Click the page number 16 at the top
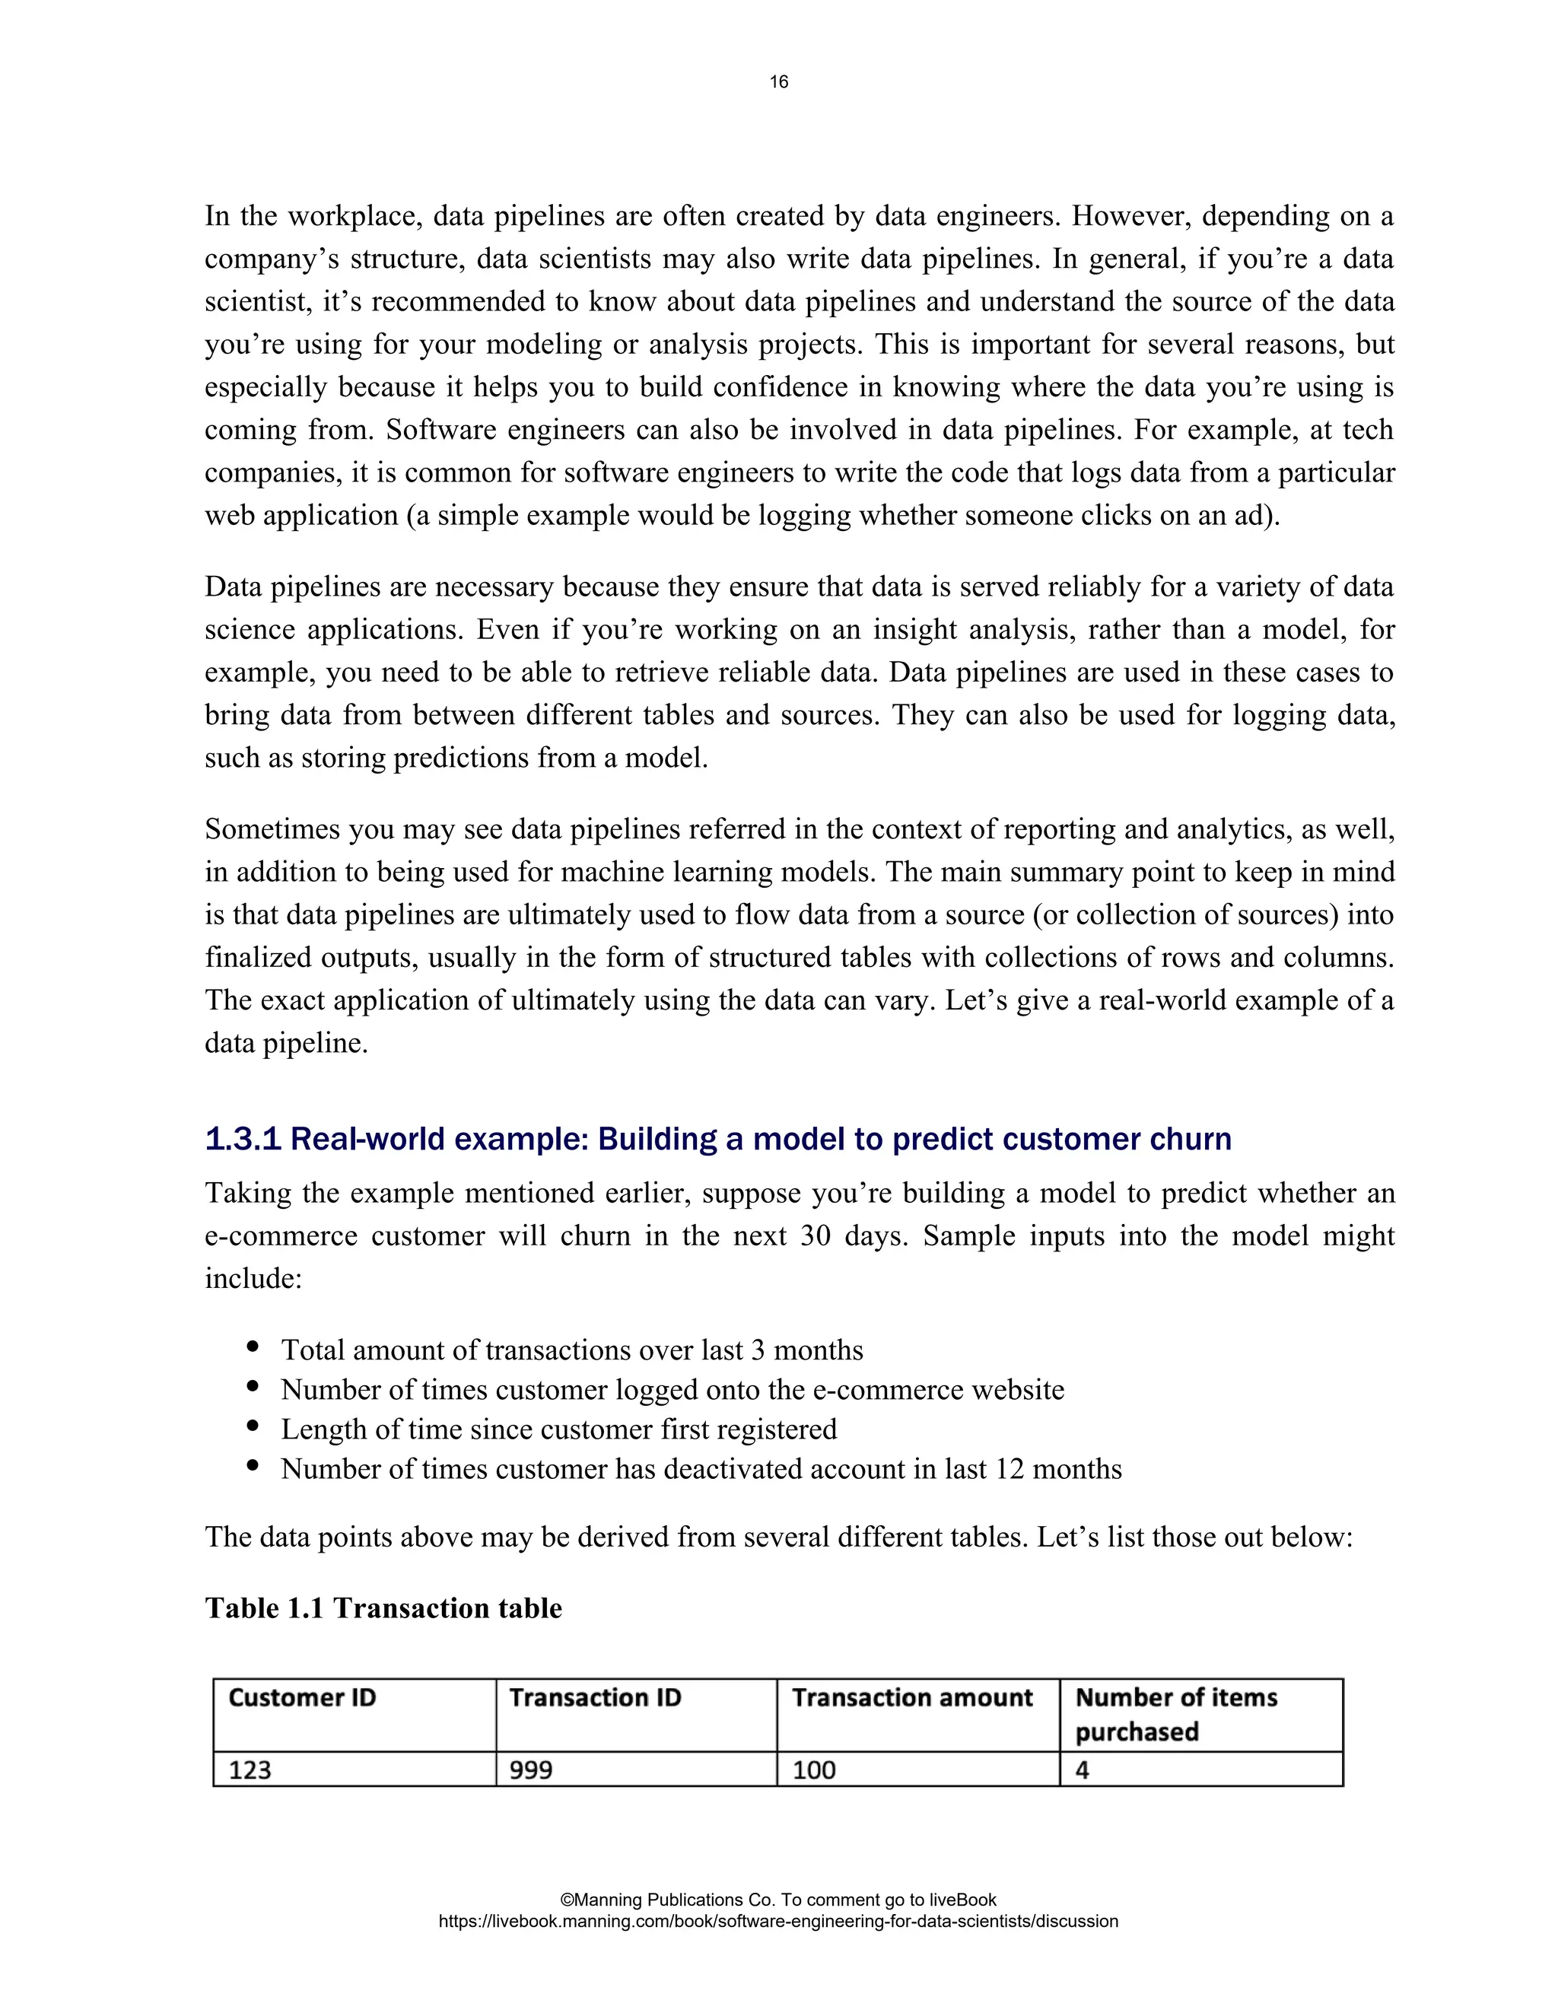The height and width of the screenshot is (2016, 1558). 778,82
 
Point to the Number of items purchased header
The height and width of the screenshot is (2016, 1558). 1176,1714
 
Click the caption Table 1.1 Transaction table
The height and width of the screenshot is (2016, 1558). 383,1608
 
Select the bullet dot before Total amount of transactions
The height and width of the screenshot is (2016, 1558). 253,1348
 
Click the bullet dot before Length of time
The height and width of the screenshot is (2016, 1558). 253,1427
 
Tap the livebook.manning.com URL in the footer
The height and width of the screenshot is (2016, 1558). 778,1921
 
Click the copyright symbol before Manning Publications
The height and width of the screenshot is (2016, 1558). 567,1900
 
